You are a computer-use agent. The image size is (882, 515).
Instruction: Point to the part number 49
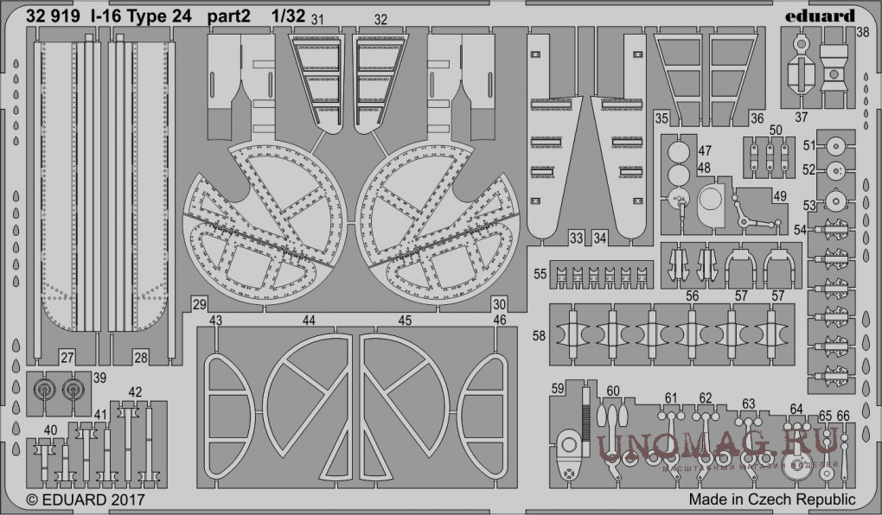coord(780,196)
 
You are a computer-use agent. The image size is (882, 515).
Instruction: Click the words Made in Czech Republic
coord(772,499)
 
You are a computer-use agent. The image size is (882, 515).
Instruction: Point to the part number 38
coord(862,34)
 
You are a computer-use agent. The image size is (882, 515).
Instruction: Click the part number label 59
coord(558,387)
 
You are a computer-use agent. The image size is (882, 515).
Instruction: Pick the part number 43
coord(216,321)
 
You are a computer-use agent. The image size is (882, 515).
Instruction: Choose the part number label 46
coord(499,321)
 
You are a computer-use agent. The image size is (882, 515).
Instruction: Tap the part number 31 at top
coord(318,18)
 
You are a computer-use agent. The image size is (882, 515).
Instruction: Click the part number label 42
coord(135,391)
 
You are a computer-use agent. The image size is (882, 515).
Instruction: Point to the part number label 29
coord(200,304)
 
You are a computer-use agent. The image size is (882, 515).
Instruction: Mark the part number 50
coord(776,130)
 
